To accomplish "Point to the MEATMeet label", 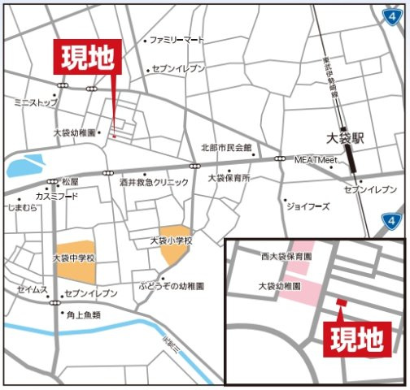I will [x=315, y=161].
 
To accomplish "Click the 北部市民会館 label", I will [x=227, y=148].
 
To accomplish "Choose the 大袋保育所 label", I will [x=229, y=177].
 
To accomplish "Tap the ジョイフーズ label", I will [x=307, y=206].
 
